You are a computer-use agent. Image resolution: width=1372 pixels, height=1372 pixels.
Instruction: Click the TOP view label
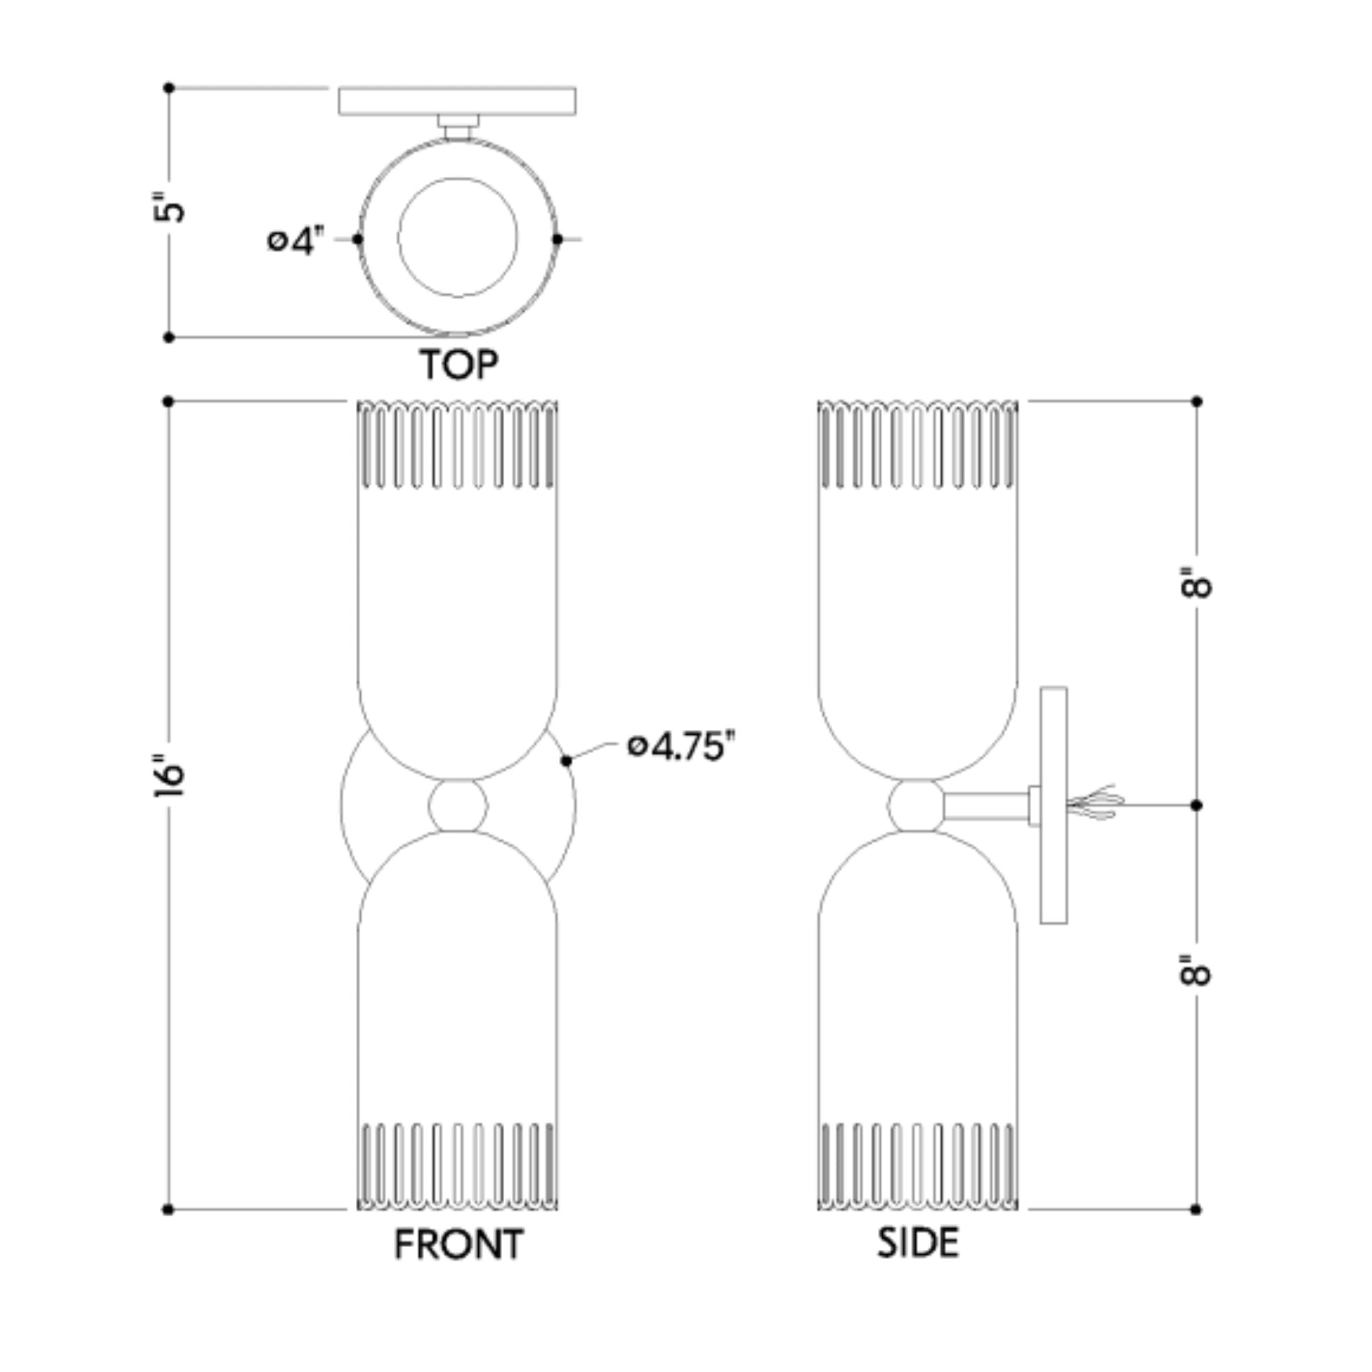click(x=459, y=364)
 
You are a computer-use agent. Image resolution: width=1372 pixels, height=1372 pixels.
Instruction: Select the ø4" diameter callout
click(x=296, y=241)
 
